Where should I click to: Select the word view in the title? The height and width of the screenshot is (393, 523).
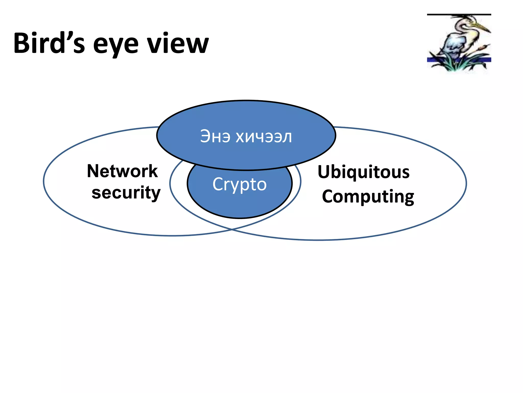pos(178,43)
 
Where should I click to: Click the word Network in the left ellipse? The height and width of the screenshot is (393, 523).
pos(122,171)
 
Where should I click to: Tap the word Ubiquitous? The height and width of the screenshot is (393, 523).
pos(363,172)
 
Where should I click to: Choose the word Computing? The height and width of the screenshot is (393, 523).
pos(368,196)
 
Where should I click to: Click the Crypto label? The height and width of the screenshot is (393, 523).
pos(240,184)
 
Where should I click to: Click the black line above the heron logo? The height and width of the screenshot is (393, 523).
pos(459,15)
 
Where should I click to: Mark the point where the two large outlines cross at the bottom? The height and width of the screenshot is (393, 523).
pos(232,230)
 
